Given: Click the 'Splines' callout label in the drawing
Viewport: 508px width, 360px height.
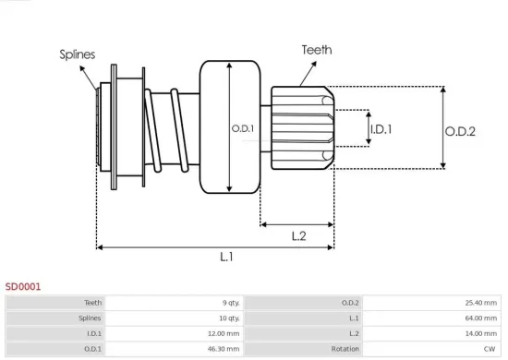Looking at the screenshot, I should [79, 54].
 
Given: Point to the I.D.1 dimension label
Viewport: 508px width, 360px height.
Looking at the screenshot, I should [381, 129].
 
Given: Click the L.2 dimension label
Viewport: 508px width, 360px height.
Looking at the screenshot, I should [298, 236].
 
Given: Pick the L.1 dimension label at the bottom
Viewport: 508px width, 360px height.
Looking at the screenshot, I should [226, 258].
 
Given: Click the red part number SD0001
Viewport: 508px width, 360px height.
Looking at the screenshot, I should [23, 287].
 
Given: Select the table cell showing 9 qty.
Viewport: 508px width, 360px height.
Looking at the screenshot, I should [230, 302].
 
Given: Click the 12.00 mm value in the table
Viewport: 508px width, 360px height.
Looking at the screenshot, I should [224, 333].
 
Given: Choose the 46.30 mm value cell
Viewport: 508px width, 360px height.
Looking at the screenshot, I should [224, 349].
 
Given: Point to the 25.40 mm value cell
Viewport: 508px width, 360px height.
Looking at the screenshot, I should [481, 302].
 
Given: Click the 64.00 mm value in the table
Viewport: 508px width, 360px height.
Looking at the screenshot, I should [481, 318].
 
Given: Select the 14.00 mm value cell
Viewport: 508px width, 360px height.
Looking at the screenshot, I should [481, 333].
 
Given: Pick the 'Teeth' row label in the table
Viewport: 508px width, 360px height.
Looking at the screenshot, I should [92, 302].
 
